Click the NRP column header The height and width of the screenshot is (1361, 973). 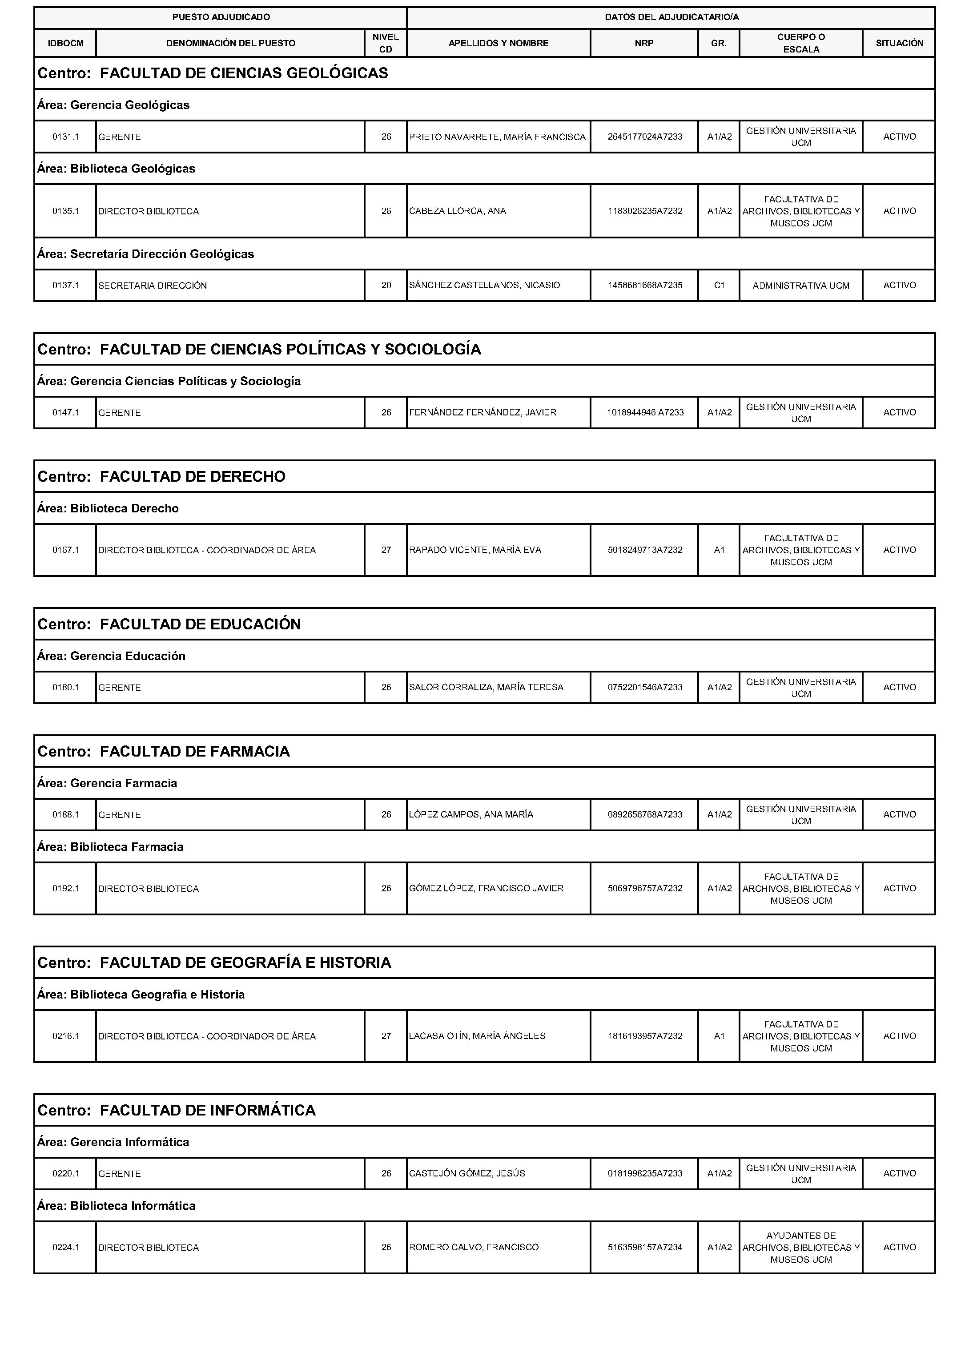[644, 43]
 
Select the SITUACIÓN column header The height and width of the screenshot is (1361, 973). [899, 43]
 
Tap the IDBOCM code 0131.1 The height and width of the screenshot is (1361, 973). [65, 137]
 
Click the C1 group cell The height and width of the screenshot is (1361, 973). [719, 285]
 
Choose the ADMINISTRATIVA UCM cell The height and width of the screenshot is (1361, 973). [800, 285]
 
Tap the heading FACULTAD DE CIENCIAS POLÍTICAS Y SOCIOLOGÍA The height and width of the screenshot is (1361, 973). [290, 350]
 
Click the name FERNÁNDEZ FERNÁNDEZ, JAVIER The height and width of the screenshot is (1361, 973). [482, 412]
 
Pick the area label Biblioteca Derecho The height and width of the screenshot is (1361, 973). [124, 508]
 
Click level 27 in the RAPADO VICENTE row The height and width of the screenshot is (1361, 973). [386, 550]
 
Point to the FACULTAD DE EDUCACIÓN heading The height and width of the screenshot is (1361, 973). [200, 624]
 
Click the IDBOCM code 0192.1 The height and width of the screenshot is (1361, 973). [65, 888]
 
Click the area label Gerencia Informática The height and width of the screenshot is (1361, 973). [129, 1142]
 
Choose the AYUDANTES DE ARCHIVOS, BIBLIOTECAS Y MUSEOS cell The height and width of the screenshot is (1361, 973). [800, 1247]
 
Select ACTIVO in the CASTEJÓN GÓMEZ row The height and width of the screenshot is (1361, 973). [899, 1173]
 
